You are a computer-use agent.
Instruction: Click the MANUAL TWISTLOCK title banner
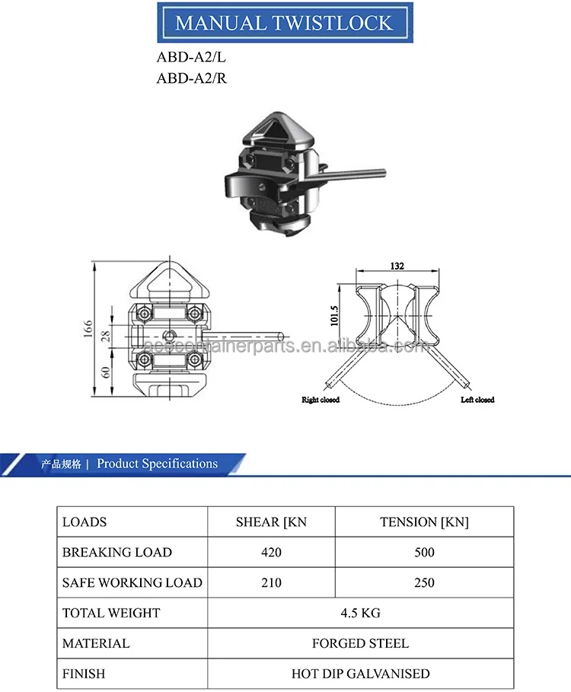(285, 22)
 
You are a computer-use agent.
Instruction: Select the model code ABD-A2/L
(191, 57)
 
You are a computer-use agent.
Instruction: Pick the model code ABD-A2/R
(192, 78)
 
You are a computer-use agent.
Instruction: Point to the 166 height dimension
(88, 328)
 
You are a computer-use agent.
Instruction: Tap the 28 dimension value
(106, 335)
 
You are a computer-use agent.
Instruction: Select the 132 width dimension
(396, 266)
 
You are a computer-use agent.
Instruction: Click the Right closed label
(321, 400)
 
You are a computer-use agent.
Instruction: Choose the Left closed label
(477, 400)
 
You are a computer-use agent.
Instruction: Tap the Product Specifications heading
(157, 464)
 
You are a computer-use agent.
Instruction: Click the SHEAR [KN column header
(271, 522)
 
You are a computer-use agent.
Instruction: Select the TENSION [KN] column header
(424, 522)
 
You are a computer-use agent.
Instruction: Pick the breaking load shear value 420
(271, 552)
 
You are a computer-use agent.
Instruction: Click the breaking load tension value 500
(424, 552)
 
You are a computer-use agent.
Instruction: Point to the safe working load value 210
(271, 582)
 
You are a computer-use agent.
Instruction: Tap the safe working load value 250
(424, 582)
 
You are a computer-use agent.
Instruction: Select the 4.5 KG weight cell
(360, 613)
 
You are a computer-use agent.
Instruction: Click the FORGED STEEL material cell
(360, 643)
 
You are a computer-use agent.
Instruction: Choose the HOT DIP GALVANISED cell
(360, 674)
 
